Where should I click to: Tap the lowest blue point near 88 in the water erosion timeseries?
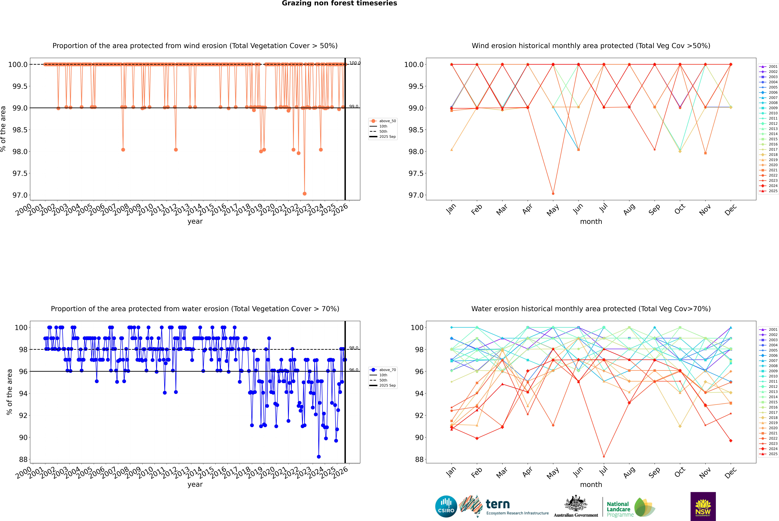point(319,457)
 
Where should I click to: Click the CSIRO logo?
point(446,506)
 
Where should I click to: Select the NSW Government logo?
point(703,506)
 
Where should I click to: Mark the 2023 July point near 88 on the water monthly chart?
point(604,457)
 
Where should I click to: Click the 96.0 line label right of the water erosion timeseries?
point(354,370)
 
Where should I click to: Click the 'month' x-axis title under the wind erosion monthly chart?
point(591,222)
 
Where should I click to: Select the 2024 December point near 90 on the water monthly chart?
point(731,441)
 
